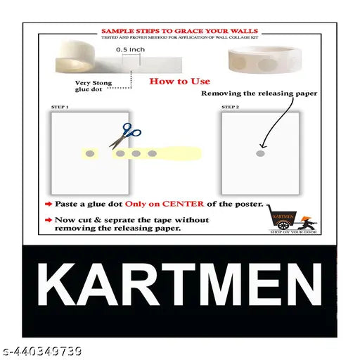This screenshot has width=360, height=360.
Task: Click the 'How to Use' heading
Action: pyautogui.click(x=179, y=82)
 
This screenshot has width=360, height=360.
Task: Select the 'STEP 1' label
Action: pyautogui.click(x=60, y=106)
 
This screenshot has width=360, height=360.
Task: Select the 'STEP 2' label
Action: pyautogui.click(x=230, y=106)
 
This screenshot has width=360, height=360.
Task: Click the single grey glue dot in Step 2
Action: pyautogui.click(x=259, y=153)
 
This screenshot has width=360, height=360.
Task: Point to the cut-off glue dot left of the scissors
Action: pyautogui.click(x=90, y=153)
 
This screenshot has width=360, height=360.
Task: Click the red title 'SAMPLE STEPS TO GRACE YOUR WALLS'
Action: pyautogui.click(x=179, y=31)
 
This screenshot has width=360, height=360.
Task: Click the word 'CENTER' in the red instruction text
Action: pyautogui.click(x=181, y=204)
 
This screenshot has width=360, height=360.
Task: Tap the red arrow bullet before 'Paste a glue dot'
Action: pyautogui.click(x=47, y=204)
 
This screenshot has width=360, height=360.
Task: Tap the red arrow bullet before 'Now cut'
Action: pyautogui.click(x=47, y=220)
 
